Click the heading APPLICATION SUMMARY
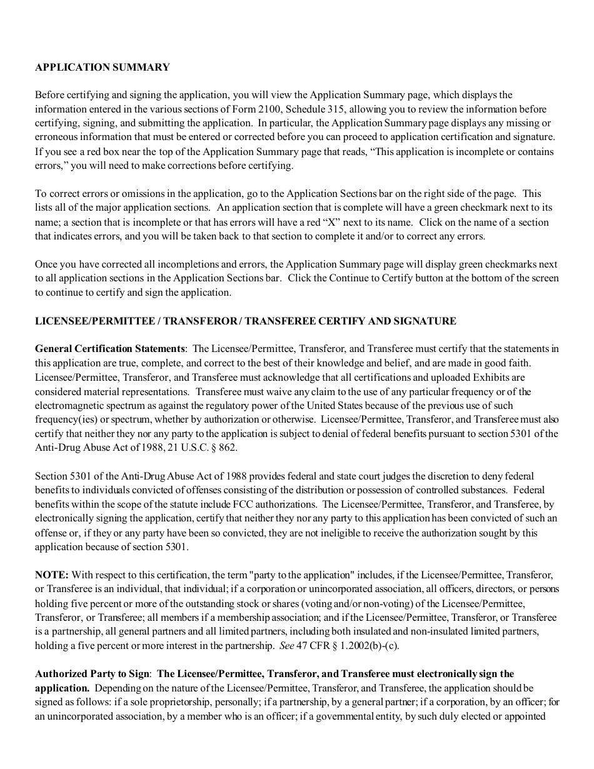[x=102, y=68]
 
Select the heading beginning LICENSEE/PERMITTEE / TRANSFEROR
[x=245, y=321]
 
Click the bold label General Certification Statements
[x=110, y=349]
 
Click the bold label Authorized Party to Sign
[x=92, y=674]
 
